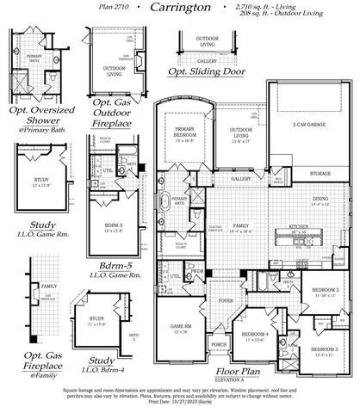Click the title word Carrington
pyautogui.click(x=179, y=7)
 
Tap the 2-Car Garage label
pyautogui.click(x=308, y=126)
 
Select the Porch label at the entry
pyautogui.click(x=219, y=344)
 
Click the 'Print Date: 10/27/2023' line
pyautogui.click(x=179, y=402)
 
